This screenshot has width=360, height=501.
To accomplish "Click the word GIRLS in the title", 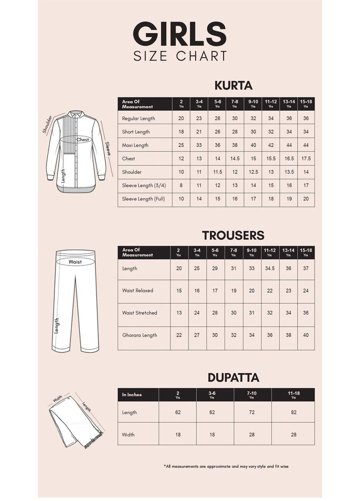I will coord(179,34).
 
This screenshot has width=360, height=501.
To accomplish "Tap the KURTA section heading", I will coord(233,85).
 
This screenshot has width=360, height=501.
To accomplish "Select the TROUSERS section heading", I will coord(233,235).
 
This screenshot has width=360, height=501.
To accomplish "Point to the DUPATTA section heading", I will coord(233,377).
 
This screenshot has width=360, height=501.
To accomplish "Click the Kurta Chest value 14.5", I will coord(234,158).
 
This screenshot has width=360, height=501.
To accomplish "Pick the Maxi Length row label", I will coord(135,145).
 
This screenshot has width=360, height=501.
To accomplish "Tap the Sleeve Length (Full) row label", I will coord(143,199).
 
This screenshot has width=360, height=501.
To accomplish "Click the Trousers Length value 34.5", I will coord(270,268).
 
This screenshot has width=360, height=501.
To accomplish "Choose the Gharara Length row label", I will coord(139,335).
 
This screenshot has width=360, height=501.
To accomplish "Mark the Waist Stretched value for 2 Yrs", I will coord(178,313).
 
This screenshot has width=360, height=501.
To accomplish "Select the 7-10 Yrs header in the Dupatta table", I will coord(252,394).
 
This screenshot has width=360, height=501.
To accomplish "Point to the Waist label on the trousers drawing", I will coord(75,261).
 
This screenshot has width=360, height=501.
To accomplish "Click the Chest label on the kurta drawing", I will coord(82,140).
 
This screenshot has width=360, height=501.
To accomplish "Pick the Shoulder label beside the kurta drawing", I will coord(47,125).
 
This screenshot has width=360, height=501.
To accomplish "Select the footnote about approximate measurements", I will coord(226,466).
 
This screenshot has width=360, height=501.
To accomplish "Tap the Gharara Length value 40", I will coord(306,335).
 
